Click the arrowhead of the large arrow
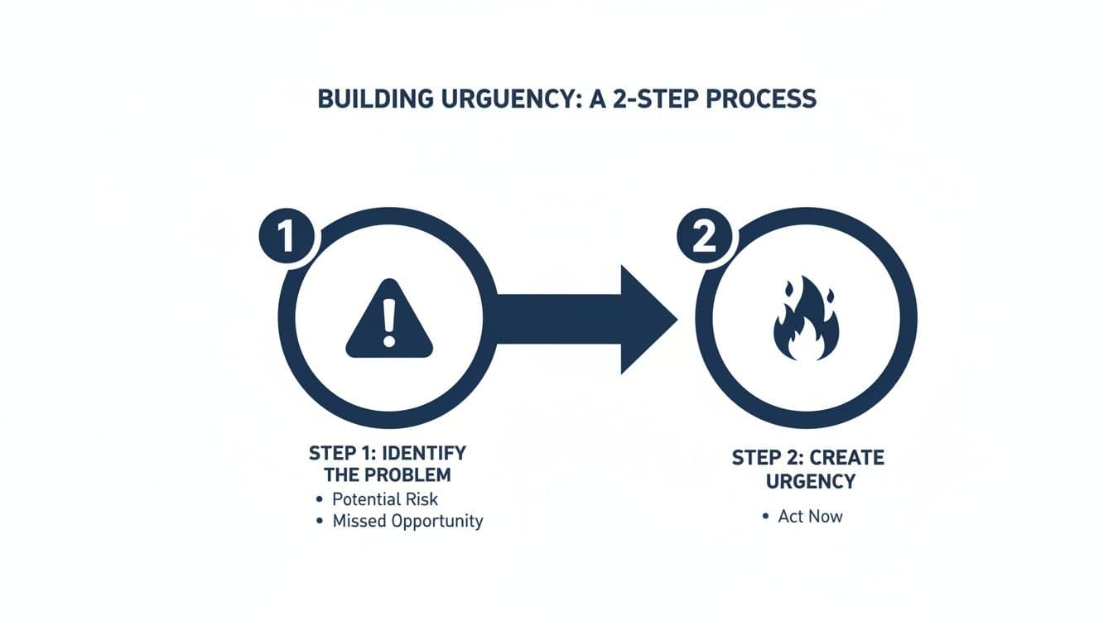point(646,320)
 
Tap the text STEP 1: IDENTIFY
point(387,454)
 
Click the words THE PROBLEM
point(388,475)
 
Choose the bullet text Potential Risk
point(385,499)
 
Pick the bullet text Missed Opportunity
point(407,521)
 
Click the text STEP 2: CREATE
point(808,458)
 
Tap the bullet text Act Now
point(810,516)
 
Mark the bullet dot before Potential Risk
point(319,499)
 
